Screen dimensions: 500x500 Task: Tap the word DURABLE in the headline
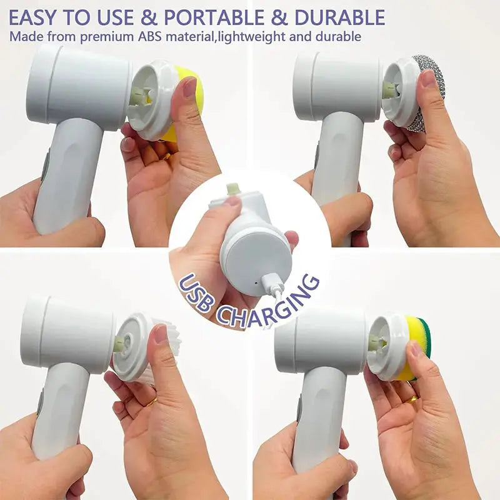pos(338,16)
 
